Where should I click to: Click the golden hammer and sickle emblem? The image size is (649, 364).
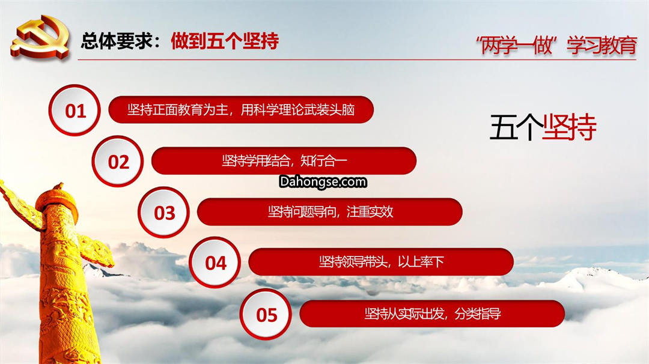40,38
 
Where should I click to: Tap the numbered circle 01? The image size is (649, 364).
75,111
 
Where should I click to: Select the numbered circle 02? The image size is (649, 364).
118,162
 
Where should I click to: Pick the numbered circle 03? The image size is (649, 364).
164,213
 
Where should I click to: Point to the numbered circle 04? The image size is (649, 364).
215,262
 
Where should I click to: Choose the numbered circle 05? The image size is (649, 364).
266,314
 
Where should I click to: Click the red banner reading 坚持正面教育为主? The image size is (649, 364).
241,109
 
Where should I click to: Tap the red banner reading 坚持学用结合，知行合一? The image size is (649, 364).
284,160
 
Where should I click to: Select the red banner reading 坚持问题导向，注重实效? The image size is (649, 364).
330,212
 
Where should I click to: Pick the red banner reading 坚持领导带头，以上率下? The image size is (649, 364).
381,262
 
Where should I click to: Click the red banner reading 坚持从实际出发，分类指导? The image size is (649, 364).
432,314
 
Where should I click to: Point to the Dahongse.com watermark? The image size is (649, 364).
323,182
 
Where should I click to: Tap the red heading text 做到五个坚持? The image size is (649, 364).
225,40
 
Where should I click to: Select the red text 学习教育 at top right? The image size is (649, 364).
602,45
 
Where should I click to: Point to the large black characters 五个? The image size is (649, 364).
516,127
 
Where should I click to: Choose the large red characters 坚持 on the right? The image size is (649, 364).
570,127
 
